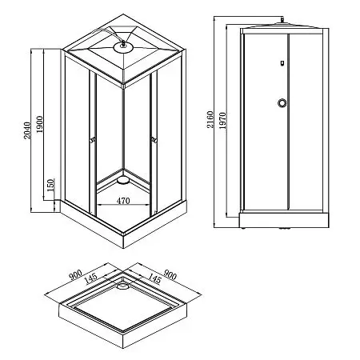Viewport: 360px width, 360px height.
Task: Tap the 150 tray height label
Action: pos(50,186)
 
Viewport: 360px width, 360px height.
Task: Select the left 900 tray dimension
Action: pos(74,276)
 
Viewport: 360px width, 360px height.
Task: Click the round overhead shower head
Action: pos(123,46)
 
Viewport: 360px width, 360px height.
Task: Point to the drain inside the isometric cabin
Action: pos(122,182)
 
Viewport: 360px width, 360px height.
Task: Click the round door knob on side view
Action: pos(282,102)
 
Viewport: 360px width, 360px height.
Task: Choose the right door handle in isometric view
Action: pos(151,142)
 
